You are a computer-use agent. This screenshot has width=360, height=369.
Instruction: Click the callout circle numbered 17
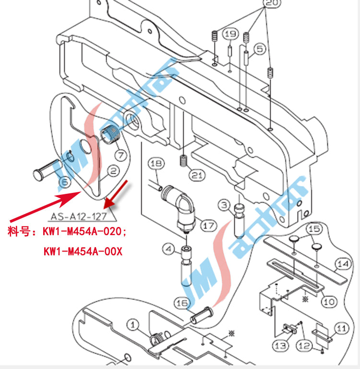click(x=208, y=224)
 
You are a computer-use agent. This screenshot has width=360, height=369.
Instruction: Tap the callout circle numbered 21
click(x=196, y=176)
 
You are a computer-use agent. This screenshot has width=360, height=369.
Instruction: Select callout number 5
click(x=260, y=48)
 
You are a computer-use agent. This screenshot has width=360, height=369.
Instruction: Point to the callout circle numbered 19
click(x=231, y=34)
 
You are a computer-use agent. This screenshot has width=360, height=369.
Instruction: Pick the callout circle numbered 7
click(x=120, y=155)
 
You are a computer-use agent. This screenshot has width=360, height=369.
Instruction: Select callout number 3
click(x=224, y=206)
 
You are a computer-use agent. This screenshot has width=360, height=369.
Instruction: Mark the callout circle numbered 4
click(x=168, y=249)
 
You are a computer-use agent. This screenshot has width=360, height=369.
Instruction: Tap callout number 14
click(x=341, y=263)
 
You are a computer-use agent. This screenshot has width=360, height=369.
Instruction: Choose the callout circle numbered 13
click(x=281, y=345)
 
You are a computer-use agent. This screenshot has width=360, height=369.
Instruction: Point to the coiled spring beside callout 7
click(x=111, y=133)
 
